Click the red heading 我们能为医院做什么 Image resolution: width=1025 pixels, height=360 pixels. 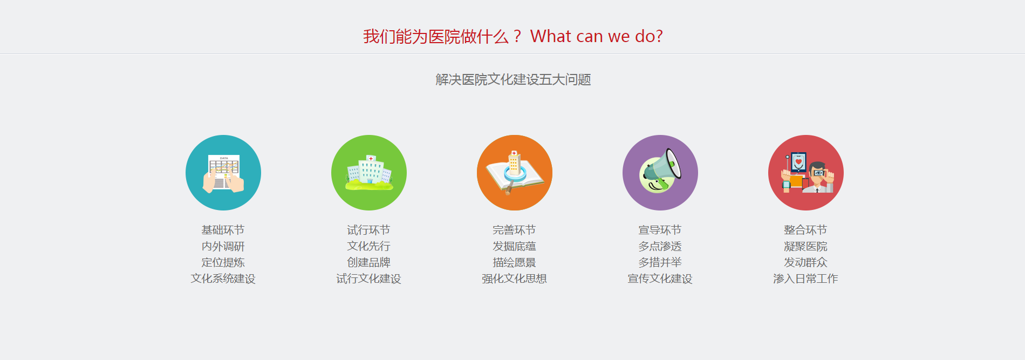[x=436, y=37]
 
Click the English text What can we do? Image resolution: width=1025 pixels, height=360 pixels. [x=596, y=36]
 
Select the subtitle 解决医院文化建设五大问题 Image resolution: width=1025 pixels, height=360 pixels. [x=513, y=80]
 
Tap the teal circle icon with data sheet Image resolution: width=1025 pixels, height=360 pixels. [x=223, y=173]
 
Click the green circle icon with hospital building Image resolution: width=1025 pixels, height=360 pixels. [x=369, y=173]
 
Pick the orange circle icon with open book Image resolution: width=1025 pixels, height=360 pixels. [x=515, y=173]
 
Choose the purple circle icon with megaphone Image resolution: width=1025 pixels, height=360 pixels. [x=660, y=173]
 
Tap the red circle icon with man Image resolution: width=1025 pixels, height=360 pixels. [x=806, y=173]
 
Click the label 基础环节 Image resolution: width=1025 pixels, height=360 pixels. [x=223, y=230]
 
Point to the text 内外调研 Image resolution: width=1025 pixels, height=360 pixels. [x=223, y=247]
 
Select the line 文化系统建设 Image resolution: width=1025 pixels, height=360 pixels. [x=223, y=279]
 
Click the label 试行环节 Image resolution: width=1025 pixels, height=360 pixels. [x=368, y=230]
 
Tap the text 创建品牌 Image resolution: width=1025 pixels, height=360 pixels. [x=368, y=263]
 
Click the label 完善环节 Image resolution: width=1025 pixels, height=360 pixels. [x=514, y=230]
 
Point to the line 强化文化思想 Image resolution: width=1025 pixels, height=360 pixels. [x=514, y=279]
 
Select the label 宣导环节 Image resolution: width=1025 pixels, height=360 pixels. [x=660, y=230]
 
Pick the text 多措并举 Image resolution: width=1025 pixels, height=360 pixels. [x=660, y=263]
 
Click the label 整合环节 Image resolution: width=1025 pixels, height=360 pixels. [x=805, y=230]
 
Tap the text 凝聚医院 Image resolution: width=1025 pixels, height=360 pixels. [x=805, y=247]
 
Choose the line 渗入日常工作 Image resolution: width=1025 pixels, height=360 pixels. [x=805, y=279]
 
